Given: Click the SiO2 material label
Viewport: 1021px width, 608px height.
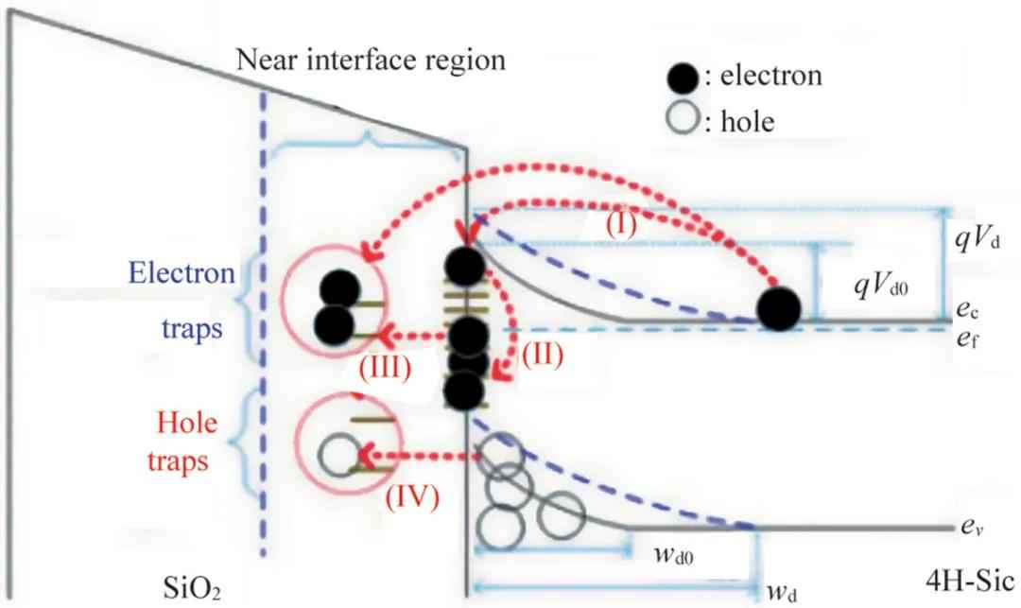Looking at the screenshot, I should (192, 588).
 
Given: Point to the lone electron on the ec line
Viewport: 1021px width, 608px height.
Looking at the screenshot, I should (779, 308).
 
